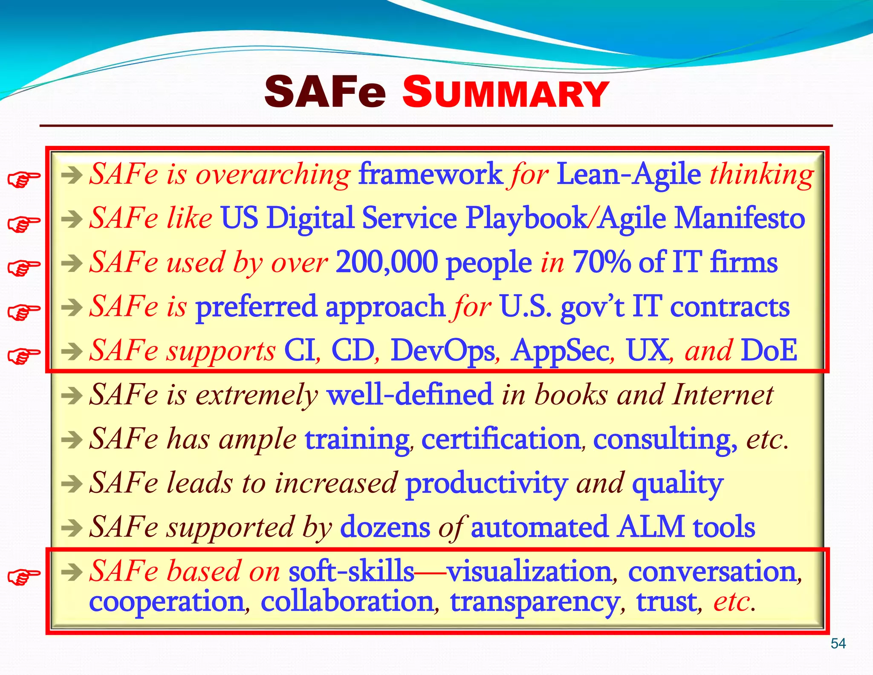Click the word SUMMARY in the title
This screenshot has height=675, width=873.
(506, 93)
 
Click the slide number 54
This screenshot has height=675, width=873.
(838, 643)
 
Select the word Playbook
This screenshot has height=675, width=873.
(526, 218)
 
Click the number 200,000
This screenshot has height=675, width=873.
(387, 262)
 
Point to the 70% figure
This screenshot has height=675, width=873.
(601, 262)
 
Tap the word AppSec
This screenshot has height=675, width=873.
(560, 351)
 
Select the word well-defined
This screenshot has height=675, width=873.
(410, 395)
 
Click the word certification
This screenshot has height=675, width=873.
(500, 439)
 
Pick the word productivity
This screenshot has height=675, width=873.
(486, 484)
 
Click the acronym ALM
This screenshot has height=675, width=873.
(650, 527)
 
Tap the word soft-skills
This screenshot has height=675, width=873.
(351, 572)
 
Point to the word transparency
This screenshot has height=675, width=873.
(535, 602)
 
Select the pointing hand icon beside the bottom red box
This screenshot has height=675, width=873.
(24, 576)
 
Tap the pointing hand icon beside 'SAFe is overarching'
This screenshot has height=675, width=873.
(24, 179)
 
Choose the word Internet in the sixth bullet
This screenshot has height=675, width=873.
(723, 395)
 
